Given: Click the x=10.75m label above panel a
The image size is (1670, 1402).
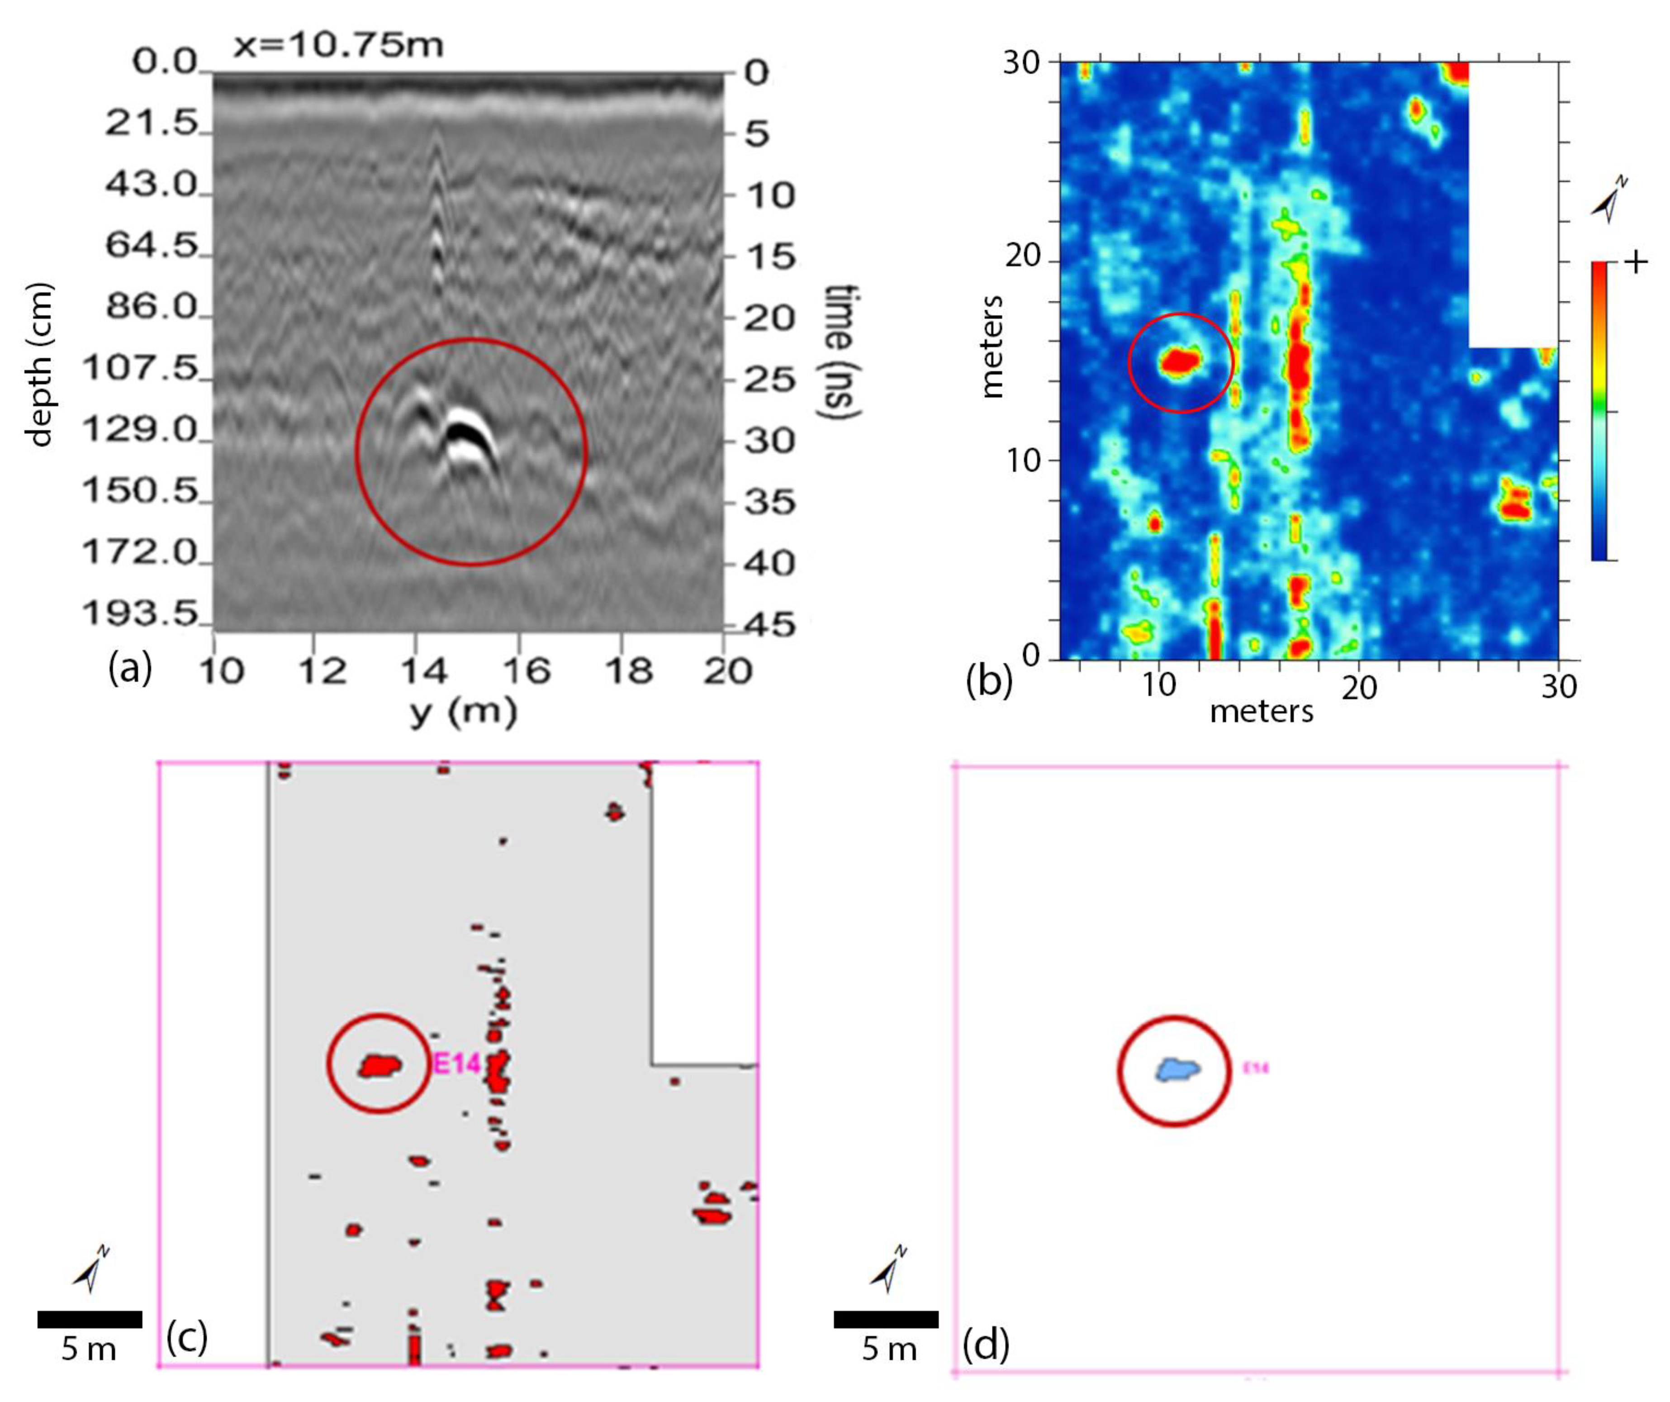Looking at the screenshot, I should pyautogui.click(x=338, y=45).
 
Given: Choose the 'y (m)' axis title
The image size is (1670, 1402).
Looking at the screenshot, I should pyautogui.click(x=464, y=710).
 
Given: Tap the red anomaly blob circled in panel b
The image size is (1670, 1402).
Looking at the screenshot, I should pyautogui.click(x=1180, y=362).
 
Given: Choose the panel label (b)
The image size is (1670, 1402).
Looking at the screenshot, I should pyautogui.click(x=988, y=681).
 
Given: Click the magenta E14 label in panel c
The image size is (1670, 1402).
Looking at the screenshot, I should pyautogui.click(x=457, y=1063).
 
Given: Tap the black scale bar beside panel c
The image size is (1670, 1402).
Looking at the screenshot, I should pyautogui.click(x=90, y=1319).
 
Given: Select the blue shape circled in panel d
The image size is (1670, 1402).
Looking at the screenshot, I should pyautogui.click(x=1178, y=1069).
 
